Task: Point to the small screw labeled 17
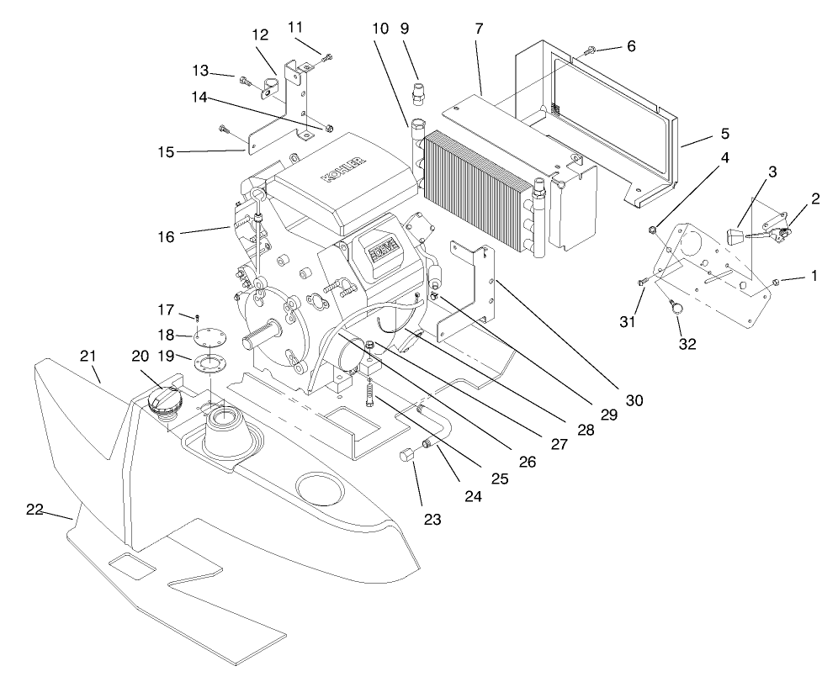pos(196,317)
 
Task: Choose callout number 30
pos(634,400)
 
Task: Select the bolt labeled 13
pos(245,82)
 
